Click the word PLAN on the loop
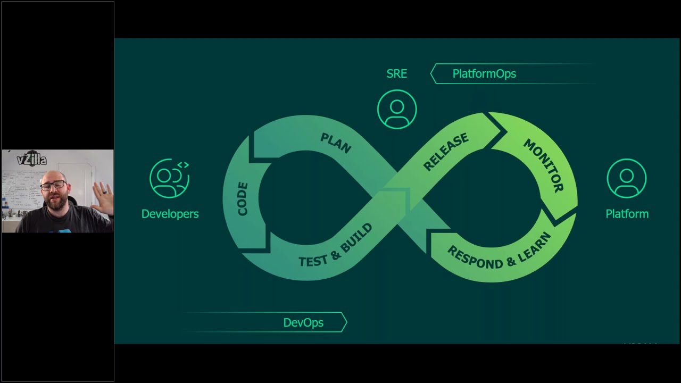[x=336, y=143]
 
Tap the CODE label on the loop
[x=243, y=199]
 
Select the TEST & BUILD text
[x=335, y=246]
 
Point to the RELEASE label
[x=446, y=152]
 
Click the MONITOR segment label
[x=543, y=165]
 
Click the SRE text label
[x=397, y=74]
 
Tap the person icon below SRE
[x=397, y=109]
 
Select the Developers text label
[x=170, y=214]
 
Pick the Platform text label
[x=627, y=214]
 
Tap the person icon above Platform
[x=627, y=178]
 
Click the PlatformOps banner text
[x=484, y=74]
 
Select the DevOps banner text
[x=303, y=323]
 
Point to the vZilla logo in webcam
[x=31, y=159]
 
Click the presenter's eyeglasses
[x=53, y=186]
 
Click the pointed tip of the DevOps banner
[x=346, y=322]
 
